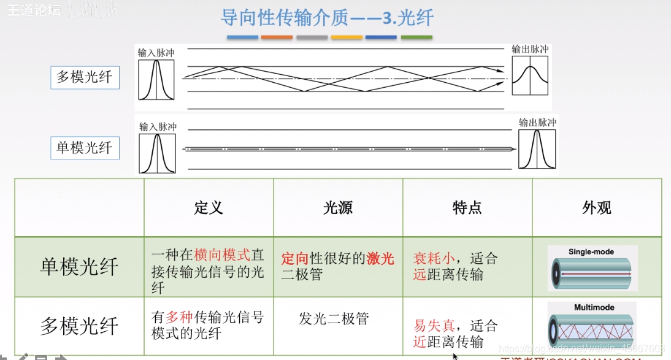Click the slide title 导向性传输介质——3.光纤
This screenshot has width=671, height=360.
tap(327, 18)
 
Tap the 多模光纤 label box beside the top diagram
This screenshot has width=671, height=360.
tap(85, 77)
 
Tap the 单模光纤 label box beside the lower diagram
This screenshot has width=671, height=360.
tap(85, 148)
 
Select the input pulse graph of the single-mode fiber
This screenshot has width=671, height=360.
tap(157, 154)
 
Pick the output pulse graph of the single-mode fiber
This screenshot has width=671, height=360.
tap(537, 149)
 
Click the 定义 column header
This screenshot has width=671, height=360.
tap(209, 208)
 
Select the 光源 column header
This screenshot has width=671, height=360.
tap(338, 208)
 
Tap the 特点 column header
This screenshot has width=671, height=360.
tap(467, 208)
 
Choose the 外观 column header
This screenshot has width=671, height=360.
tap(597, 208)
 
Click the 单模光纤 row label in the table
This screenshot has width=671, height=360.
tap(79, 267)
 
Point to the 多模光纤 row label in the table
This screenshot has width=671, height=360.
tap(79, 326)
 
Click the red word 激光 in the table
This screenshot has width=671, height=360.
tap(380, 258)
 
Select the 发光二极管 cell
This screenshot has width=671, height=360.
tap(334, 318)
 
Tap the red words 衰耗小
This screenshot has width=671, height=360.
tap(434, 258)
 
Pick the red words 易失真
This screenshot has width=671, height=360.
tap(434, 326)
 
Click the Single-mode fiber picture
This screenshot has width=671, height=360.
tap(592, 268)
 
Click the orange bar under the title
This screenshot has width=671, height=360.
tap(277, 37)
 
